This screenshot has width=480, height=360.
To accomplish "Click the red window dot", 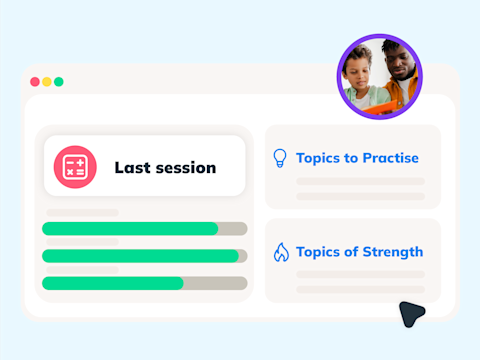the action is [x=35, y=82].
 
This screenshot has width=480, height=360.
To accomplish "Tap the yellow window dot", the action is [x=47, y=82].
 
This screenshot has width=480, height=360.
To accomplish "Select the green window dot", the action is [x=59, y=82].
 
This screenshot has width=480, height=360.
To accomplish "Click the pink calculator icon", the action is [x=75, y=167].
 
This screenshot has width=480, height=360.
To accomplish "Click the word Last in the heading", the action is [x=133, y=167].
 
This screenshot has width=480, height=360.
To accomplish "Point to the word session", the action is [x=186, y=168].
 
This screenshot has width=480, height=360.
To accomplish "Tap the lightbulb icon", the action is [x=280, y=158].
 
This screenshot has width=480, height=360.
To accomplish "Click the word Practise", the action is [x=391, y=158].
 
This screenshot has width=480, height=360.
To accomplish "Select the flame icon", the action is [x=281, y=252].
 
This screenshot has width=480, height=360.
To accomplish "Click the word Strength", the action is [x=393, y=253].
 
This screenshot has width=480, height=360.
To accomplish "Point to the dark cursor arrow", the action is [x=411, y=314].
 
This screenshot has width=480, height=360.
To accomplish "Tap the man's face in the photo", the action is [x=399, y=63].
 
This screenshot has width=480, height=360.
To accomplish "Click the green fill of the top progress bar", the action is [x=130, y=229].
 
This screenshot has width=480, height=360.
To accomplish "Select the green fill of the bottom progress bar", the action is [x=113, y=283].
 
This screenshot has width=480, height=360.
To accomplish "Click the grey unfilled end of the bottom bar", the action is [x=215, y=283].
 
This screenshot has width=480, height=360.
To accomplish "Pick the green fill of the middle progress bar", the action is [x=140, y=256].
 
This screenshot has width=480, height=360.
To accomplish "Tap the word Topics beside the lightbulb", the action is [x=318, y=158].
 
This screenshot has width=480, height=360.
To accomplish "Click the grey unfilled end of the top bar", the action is [x=233, y=229].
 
